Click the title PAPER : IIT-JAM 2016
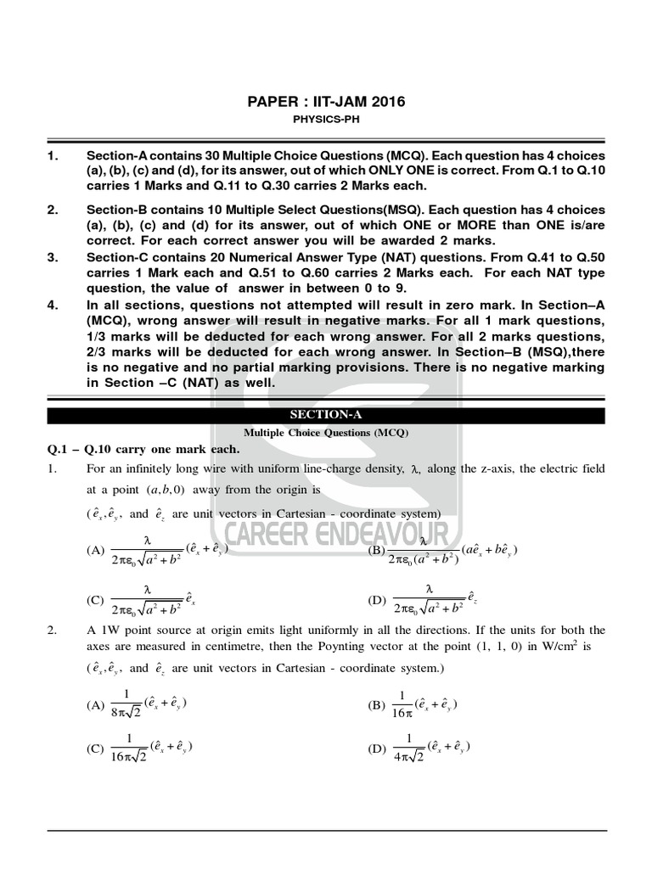click(326, 102)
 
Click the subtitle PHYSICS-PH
click(326, 120)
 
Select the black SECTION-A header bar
click(326, 415)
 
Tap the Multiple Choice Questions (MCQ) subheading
click(326, 432)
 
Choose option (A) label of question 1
click(96, 550)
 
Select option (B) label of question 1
click(376, 550)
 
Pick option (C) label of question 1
click(96, 599)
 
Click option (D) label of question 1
click(376, 599)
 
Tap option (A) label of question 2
click(96, 704)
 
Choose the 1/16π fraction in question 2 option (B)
click(402, 704)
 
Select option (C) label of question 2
click(96, 748)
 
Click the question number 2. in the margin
click(52, 630)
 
